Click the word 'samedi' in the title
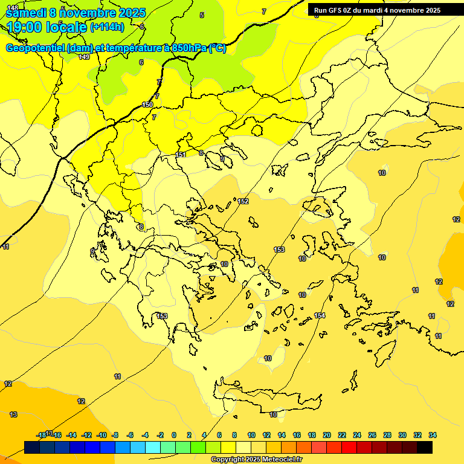(x=27, y=12)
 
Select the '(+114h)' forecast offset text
(x=107, y=27)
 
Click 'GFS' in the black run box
(x=336, y=10)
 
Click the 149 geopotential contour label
(x=84, y=57)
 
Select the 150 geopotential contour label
(x=147, y=105)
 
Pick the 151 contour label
(x=181, y=155)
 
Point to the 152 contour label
(x=243, y=201)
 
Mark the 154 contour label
(x=320, y=315)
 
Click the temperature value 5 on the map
(x=202, y=15)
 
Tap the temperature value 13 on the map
(x=13, y=414)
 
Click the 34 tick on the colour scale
(x=433, y=435)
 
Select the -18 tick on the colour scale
(x=41, y=435)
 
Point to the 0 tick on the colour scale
(x=174, y=435)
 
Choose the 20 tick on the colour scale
(x=327, y=435)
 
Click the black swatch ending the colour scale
(x=425, y=448)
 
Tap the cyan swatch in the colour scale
(x=152, y=448)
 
